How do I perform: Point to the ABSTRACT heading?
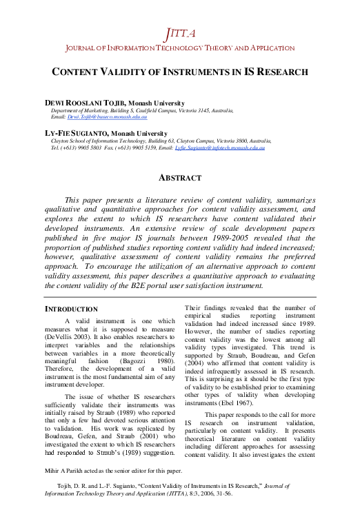(x=180, y=178)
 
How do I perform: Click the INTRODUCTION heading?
(x=71, y=309)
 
